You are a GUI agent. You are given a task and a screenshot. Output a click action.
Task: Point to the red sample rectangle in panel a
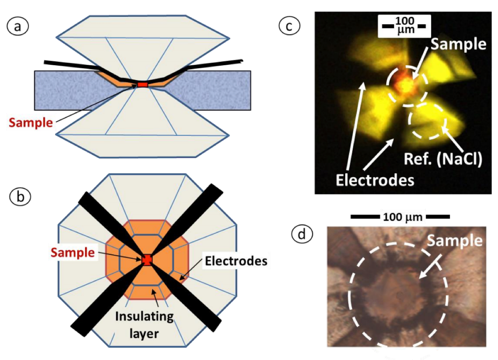click(142, 85)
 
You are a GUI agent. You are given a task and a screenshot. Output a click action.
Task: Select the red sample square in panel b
click(147, 259)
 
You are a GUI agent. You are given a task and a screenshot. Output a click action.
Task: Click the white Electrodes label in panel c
click(374, 179)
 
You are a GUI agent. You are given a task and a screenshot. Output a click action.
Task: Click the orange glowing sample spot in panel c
click(406, 83)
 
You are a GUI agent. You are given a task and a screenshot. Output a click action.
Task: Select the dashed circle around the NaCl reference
click(427, 120)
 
